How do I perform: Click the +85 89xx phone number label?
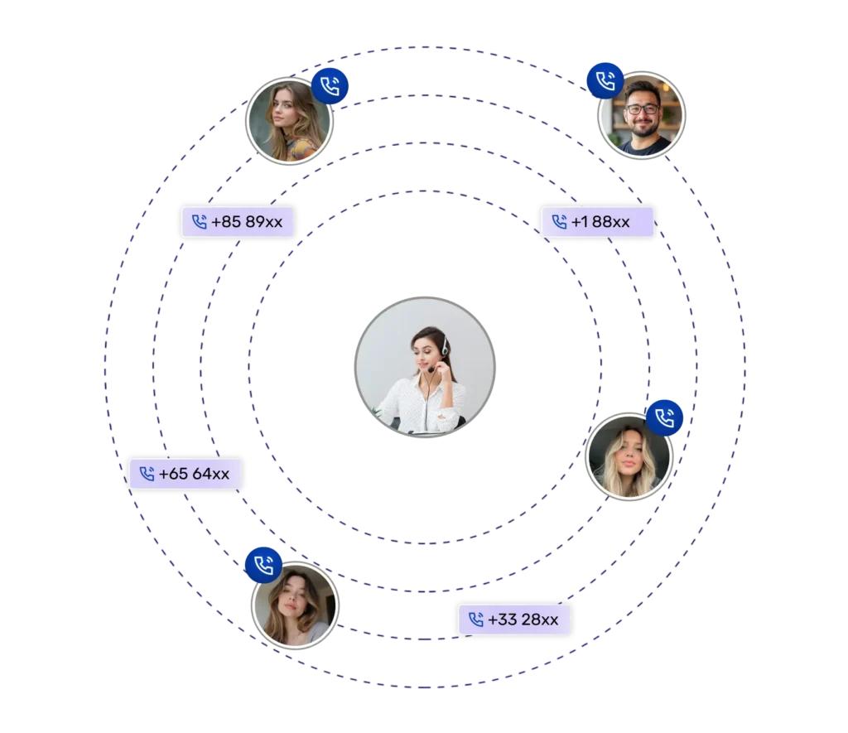click(x=238, y=222)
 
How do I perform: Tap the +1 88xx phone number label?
click(x=597, y=222)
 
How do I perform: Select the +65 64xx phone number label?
click(x=185, y=474)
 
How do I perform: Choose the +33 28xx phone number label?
click(x=514, y=620)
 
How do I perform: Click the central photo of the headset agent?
click(x=425, y=366)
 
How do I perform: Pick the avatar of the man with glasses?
click(x=641, y=116)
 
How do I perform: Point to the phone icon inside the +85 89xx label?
click(x=199, y=222)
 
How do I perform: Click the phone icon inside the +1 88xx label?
click(x=559, y=222)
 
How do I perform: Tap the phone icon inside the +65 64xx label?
click(x=147, y=474)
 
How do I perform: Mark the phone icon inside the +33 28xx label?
click(x=475, y=620)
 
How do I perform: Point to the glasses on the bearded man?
click(x=643, y=109)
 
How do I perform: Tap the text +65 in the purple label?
click(x=173, y=474)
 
